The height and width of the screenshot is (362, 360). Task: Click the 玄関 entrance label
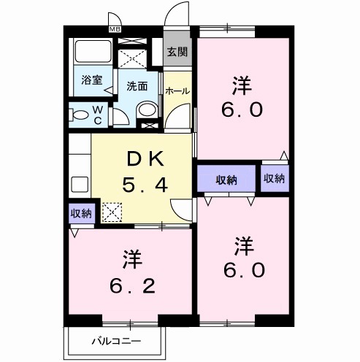[x=176, y=52]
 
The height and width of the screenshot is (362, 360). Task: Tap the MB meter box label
[x=115, y=28]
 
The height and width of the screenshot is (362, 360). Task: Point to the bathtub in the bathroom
[x=93, y=53]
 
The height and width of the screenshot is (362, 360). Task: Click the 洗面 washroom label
[x=137, y=85]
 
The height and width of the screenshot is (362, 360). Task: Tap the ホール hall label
[x=178, y=91]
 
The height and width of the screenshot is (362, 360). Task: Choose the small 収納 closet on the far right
[x=274, y=180]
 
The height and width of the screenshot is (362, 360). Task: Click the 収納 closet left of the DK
[x=81, y=213]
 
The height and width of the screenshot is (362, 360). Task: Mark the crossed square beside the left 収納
[x=112, y=213]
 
